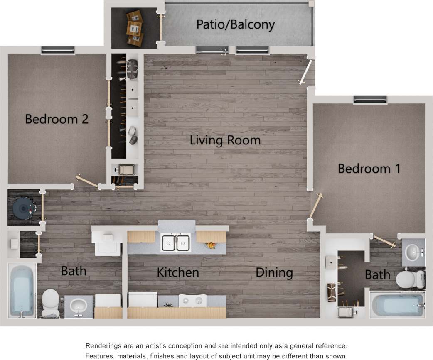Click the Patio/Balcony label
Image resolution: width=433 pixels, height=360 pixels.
235,24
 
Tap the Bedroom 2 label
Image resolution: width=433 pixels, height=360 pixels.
57,119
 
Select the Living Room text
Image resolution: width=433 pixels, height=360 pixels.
225,140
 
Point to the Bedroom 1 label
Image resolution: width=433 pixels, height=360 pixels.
369,169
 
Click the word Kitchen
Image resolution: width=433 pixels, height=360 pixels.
177,272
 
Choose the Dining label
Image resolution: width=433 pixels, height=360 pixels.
274,272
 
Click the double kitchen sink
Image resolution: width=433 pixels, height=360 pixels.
176,243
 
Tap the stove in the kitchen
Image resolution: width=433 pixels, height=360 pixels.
192,300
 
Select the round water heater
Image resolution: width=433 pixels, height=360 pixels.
23,208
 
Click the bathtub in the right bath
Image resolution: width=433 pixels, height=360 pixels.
396,305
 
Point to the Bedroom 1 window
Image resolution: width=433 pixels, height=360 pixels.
370,99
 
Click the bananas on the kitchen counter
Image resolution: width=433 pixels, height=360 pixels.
211,245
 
